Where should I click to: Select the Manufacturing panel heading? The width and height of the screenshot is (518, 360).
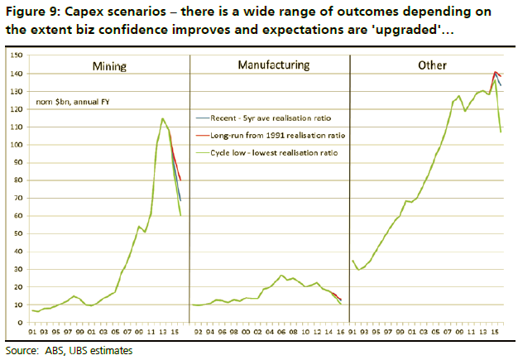click(273, 64)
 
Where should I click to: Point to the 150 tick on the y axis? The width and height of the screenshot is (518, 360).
click(16, 55)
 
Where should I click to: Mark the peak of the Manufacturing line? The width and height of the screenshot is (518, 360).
click(282, 275)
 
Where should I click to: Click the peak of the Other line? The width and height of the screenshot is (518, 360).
click(495, 72)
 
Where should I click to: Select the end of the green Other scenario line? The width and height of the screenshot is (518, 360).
click(501, 131)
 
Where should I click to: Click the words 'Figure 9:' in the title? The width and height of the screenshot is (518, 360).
click(31, 12)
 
